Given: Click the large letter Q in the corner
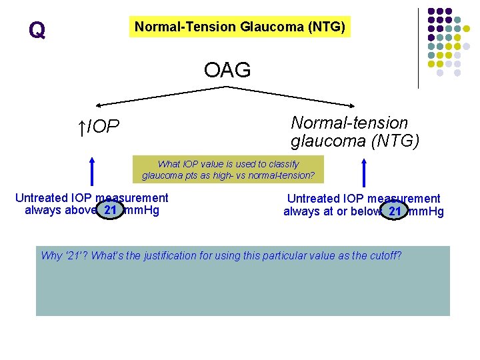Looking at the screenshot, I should [37, 30].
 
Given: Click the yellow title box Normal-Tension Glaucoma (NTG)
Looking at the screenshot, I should [240, 27].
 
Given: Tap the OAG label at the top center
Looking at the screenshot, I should [227, 69].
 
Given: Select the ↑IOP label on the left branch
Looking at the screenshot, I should [99, 126].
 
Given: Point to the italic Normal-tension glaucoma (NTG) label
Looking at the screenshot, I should [355, 131].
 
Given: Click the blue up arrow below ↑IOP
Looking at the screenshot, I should [91, 171].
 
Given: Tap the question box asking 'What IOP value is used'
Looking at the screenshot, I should [228, 170].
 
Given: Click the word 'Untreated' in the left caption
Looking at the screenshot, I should [41, 198].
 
